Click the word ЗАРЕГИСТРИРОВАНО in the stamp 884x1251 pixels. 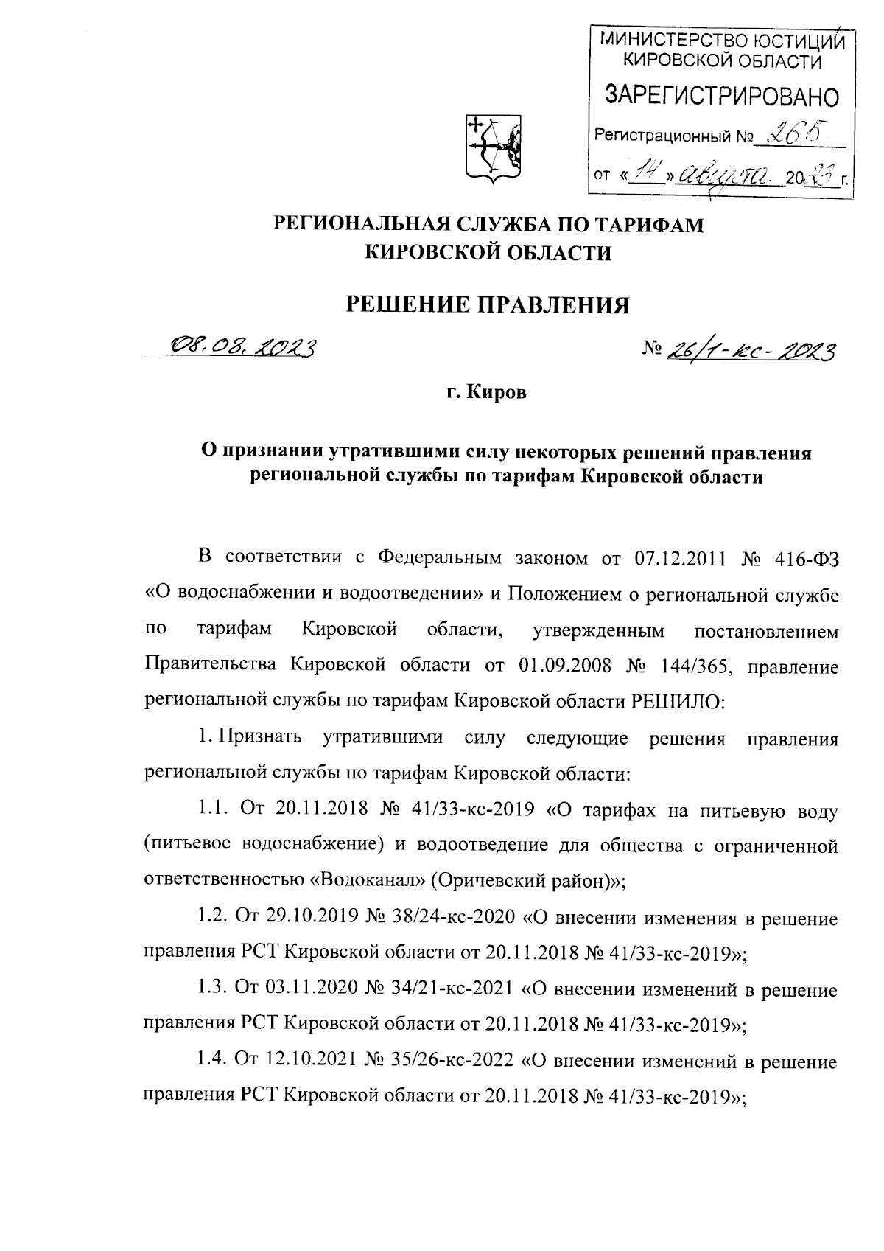pos(721,96)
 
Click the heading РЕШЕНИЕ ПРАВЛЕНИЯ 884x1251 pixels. pos(488,304)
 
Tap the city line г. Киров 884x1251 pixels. pos(487,394)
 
